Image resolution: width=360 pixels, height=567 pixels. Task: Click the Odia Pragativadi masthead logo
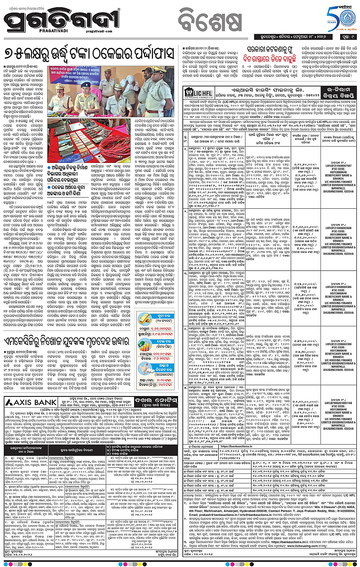coord(63,22)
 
